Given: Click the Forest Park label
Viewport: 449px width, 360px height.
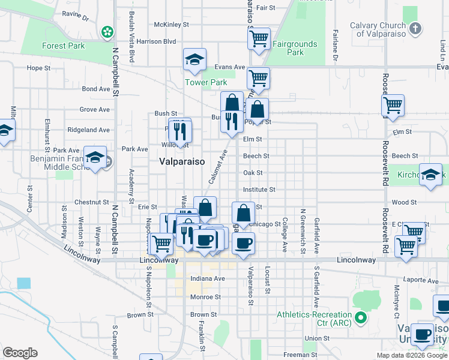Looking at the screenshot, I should (62, 46).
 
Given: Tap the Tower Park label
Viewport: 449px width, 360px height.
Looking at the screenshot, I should (206, 82).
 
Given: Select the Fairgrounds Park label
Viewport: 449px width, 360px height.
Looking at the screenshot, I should (295, 48).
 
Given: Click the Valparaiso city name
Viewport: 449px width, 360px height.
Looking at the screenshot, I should (182, 161).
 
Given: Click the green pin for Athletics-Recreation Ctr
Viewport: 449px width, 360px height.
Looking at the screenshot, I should (360, 316).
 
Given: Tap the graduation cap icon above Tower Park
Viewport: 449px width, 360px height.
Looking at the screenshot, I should (194, 59).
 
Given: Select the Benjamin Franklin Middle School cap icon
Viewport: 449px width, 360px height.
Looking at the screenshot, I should (95, 157).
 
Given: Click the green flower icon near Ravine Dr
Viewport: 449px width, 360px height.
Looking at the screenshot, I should (107, 31).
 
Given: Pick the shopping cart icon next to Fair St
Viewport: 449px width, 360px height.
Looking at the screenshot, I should (259, 39).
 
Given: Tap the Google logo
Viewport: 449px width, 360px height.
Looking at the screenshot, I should (20, 353).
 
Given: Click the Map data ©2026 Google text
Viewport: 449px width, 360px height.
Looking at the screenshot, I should (412, 355).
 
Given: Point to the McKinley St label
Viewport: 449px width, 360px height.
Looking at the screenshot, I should (171, 25).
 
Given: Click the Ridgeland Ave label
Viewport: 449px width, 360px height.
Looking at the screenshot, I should (89, 130).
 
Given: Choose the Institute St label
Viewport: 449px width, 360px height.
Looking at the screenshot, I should (259, 190).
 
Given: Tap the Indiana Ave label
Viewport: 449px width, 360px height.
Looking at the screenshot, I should (207, 278).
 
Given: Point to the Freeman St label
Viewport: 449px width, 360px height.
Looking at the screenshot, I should (297, 355).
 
